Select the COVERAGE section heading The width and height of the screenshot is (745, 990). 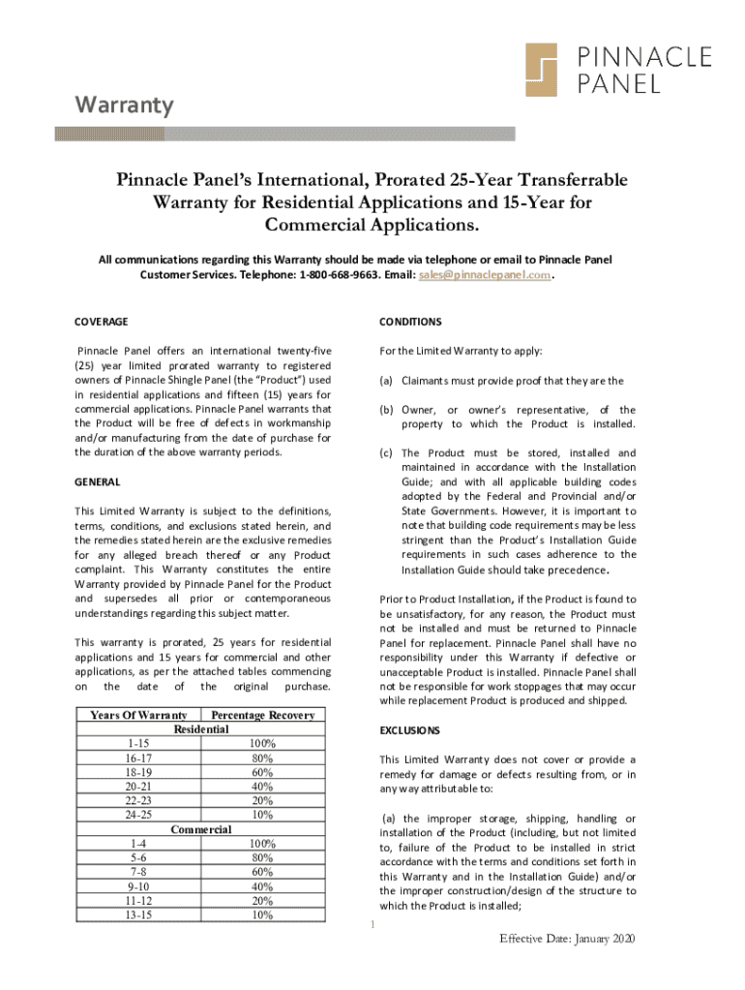click(x=102, y=321)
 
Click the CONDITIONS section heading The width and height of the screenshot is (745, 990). click(x=411, y=321)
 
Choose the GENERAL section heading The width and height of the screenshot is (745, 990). click(x=98, y=480)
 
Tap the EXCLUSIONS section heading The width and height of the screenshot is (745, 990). click(x=411, y=730)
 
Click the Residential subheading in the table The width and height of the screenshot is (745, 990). click(x=200, y=729)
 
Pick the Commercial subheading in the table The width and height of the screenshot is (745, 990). click(x=200, y=830)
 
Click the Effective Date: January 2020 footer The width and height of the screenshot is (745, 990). click(x=568, y=940)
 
